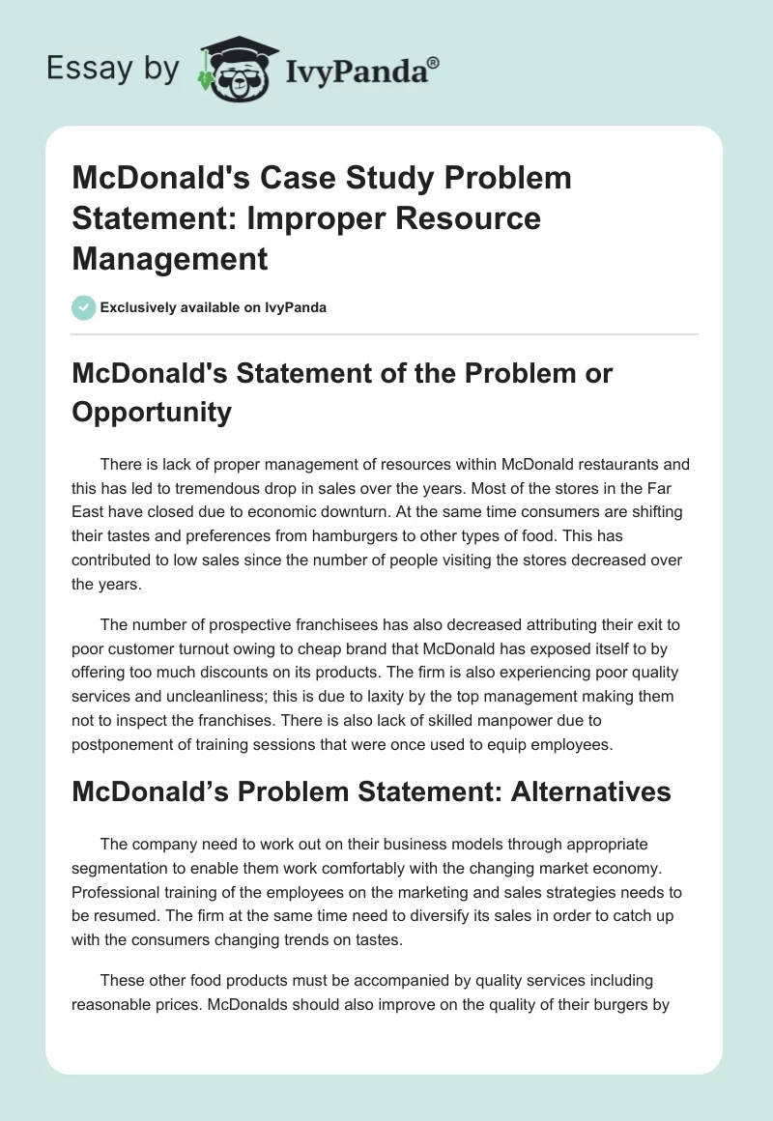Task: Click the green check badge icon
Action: tap(83, 307)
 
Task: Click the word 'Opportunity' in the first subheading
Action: tap(151, 412)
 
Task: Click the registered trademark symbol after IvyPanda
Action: tap(434, 61)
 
